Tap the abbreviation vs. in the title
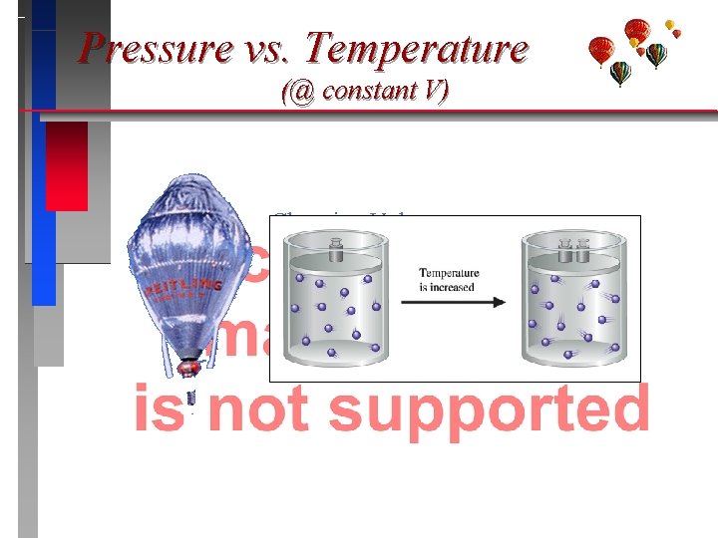click(269, 48)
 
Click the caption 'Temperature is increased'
click(448, 280)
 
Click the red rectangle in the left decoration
click(67, 165)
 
